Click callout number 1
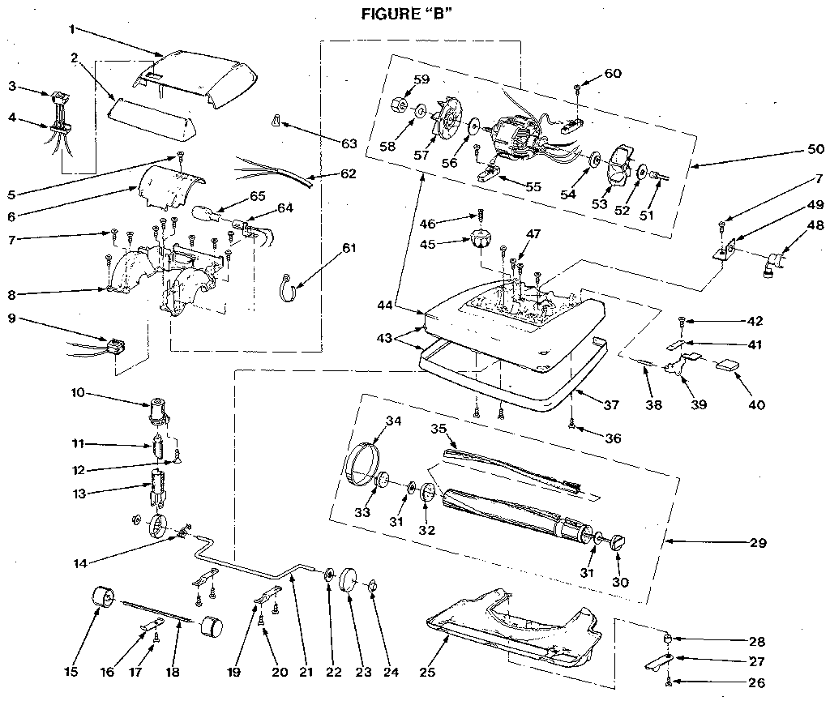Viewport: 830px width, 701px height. [x=71, y=28]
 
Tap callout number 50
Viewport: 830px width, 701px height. [x=815, y=150]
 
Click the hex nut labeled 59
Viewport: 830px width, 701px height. [x=398, y=106]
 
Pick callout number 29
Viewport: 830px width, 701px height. [x=759, y=542]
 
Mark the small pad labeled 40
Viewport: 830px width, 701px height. [x=727, y=365]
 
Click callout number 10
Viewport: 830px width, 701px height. [x=78, y=393]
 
